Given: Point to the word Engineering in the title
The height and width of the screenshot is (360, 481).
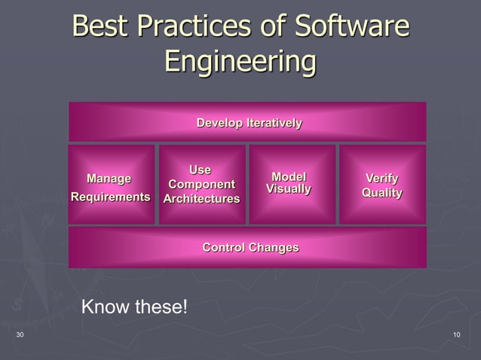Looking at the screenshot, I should [240, 63].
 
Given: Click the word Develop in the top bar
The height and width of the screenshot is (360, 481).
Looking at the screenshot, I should [219, 123].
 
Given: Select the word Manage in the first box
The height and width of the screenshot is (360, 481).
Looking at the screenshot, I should [109, 178].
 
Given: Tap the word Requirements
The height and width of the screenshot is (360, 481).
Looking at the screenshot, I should [110, 197].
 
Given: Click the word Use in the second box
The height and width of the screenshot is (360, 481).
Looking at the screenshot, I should [200, 169].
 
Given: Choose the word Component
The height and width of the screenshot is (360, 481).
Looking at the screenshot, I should [201, 185].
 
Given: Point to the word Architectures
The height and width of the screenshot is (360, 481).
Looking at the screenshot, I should [201, 199].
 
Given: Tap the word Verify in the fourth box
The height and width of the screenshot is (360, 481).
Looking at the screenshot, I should [382, 178].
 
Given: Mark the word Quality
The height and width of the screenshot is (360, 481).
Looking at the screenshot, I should [382, 194].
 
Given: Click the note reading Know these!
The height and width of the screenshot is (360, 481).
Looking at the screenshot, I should [133, 307].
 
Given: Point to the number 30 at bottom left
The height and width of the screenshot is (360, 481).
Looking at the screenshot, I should [20, 334].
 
